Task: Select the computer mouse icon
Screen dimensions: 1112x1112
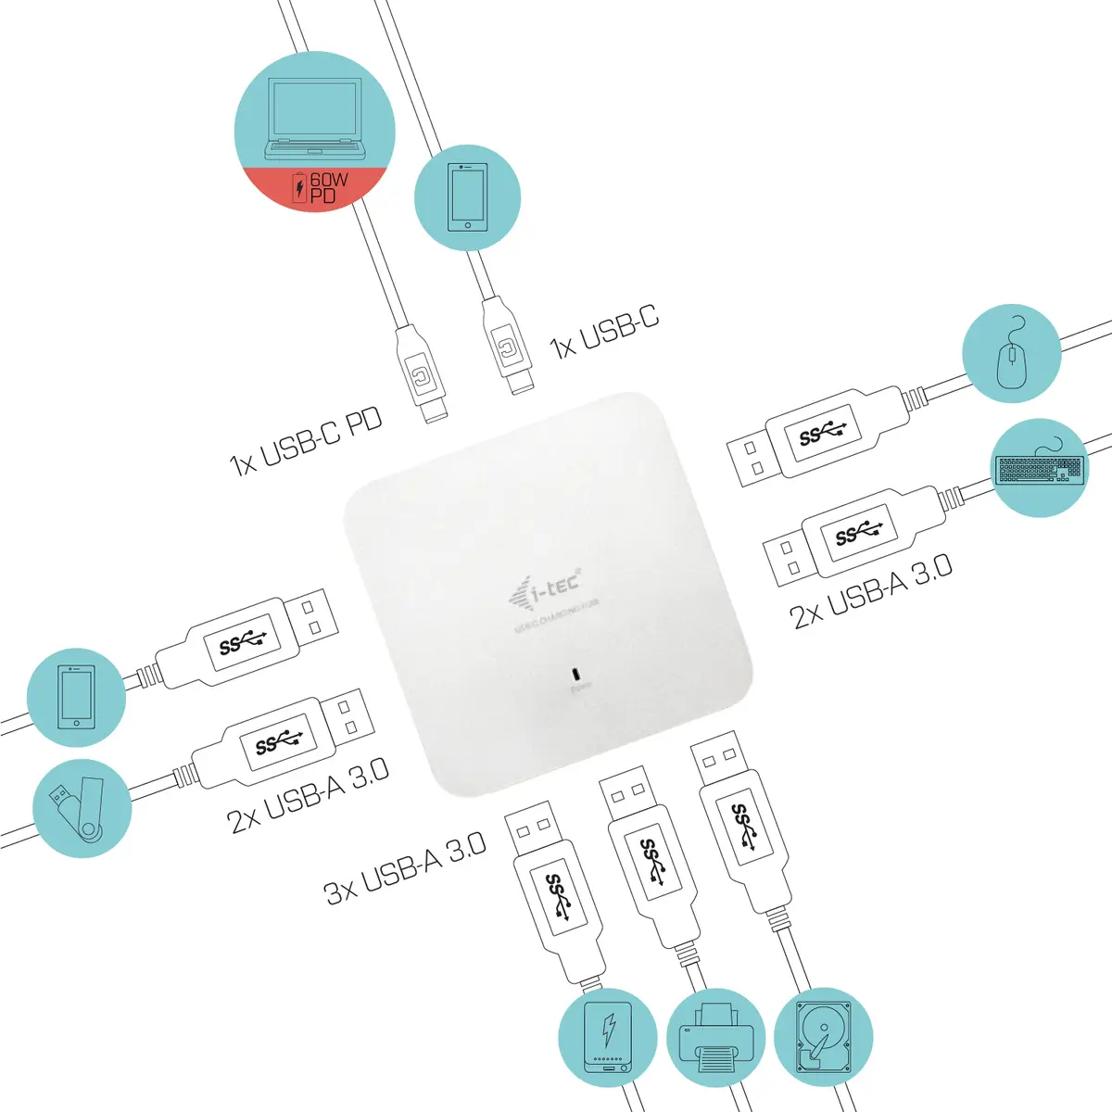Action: (x=1011, y=355)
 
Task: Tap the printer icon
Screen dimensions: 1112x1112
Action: (x=715, y=1039)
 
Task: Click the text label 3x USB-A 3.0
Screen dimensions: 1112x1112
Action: (x=406, y=869)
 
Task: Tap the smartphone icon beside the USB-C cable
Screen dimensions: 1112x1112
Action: (x=467, y=196)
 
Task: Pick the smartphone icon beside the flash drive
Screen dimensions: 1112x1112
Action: (x=76, y=697)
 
